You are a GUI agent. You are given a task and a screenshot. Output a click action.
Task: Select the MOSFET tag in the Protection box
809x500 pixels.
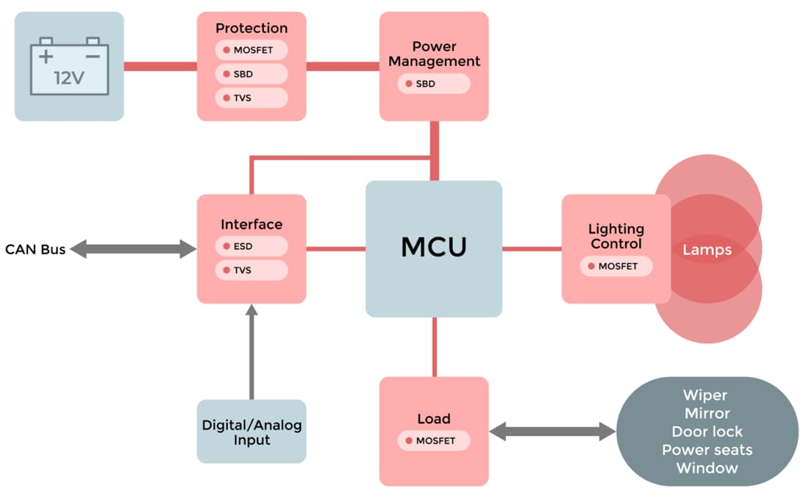(252, 50)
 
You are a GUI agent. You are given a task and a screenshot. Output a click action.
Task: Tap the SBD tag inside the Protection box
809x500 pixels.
(252, 74)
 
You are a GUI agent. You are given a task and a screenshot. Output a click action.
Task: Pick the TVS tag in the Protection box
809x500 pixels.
(252, 98)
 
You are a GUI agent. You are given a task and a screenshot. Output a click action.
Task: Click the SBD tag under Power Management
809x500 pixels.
(433, 84)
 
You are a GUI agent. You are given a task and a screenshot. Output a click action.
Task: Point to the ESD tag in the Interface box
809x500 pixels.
(252, 246)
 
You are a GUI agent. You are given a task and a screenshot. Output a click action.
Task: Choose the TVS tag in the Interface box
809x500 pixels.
(252, 271)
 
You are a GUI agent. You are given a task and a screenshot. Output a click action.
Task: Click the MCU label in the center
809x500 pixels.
(433, 248)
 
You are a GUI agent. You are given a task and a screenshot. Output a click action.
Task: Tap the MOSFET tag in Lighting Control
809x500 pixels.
(616, 266)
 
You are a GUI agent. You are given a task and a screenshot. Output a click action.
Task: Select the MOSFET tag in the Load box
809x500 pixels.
(433, 441)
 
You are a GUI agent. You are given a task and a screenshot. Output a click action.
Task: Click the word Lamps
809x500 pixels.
(707, 250)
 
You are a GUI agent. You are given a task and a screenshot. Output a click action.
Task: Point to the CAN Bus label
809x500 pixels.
(35, 249)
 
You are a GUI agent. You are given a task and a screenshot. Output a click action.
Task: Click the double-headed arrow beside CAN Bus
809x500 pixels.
(134, 249)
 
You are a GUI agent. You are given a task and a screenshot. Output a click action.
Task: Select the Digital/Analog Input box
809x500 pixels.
(252, 432)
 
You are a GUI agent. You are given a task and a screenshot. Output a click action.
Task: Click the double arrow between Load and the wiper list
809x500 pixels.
(552, 432)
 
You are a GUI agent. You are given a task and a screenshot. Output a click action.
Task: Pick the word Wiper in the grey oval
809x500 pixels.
(707, 396)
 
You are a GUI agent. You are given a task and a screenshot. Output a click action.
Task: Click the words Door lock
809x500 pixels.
(707, 432)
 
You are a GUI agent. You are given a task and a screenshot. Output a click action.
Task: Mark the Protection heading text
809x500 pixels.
(252, 28)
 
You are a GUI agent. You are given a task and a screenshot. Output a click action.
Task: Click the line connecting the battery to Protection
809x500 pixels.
(160, 66)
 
